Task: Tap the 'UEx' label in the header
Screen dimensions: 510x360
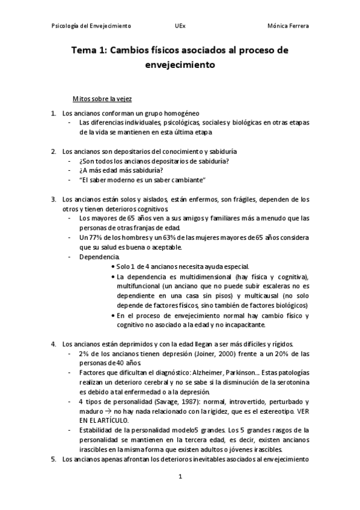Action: [180, 26]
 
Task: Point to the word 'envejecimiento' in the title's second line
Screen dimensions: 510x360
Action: [180, 65]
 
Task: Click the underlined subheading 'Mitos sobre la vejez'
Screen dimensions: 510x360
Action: [102, 97]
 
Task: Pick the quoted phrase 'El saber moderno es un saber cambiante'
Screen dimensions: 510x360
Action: [142, 180]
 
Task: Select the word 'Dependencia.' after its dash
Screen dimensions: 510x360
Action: [99, 257]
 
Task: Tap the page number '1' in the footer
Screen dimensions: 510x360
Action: [180, 477]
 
